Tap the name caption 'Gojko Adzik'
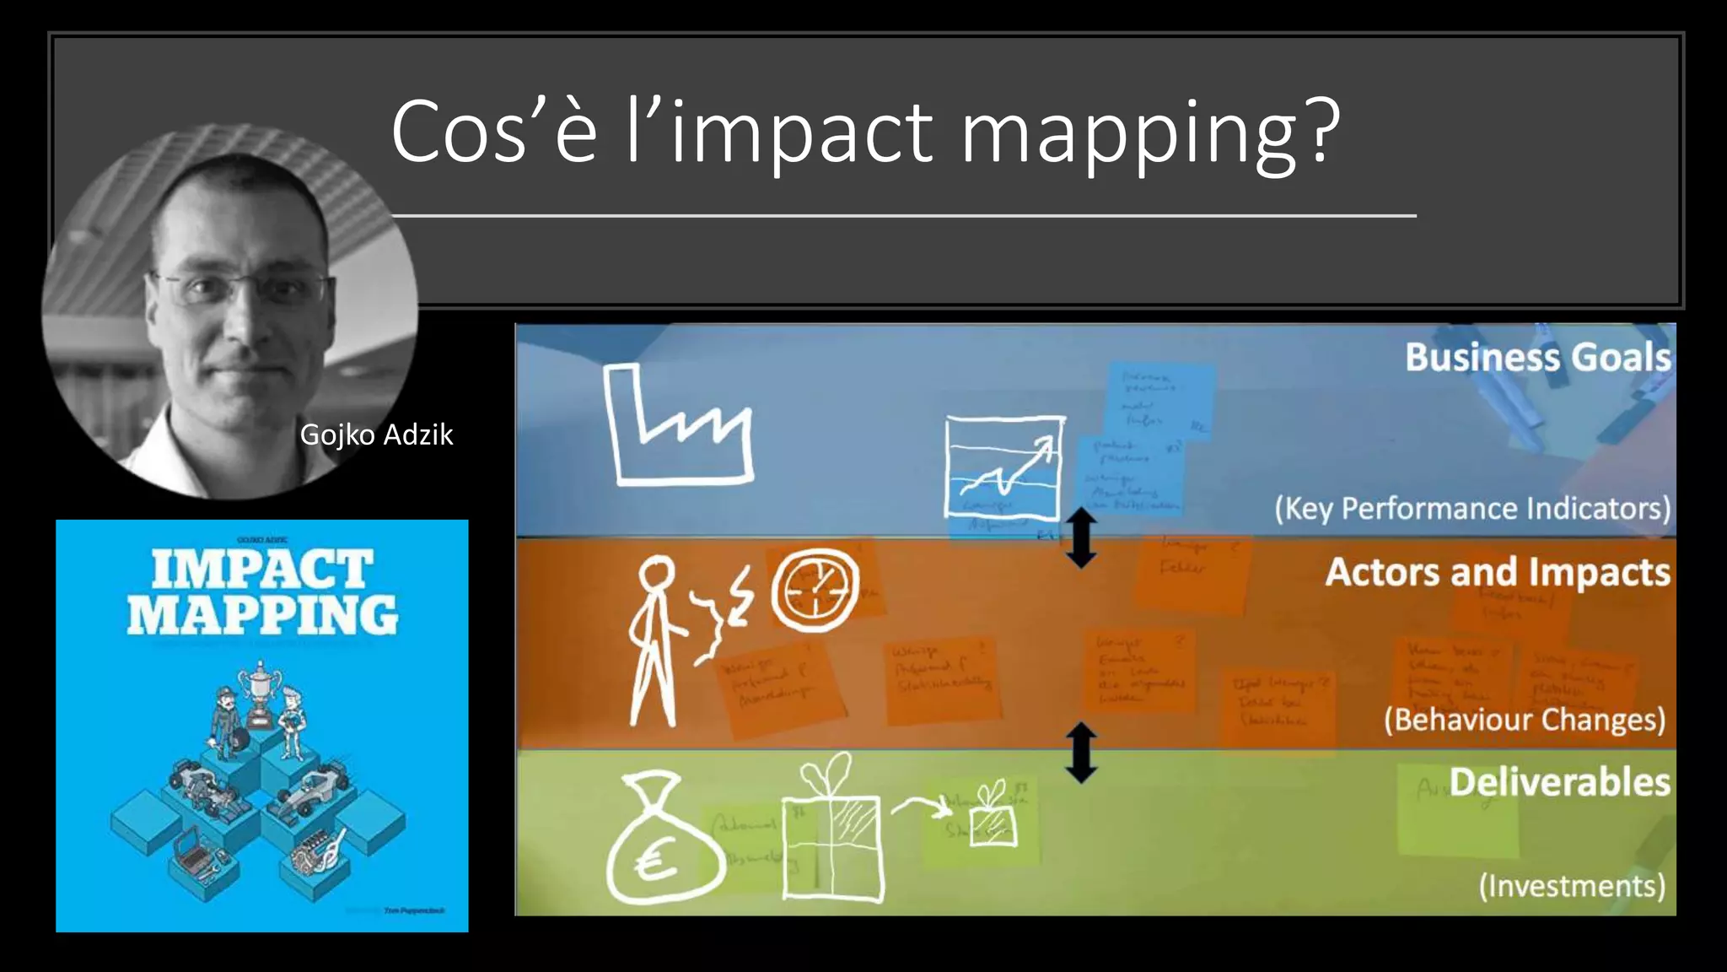point(376,435)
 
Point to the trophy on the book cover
point(259,693)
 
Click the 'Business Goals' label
point(1537,357)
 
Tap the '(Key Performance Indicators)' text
point(1471,509)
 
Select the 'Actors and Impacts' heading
point(1497,572)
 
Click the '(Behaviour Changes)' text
point(1525,720)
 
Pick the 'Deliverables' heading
point(1559,782)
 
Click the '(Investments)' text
point(1572,886)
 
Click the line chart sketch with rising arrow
point(1003,467)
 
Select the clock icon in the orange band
point(815,590)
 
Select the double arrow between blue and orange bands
point(1081,538)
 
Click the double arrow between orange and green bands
point(1081,753)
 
